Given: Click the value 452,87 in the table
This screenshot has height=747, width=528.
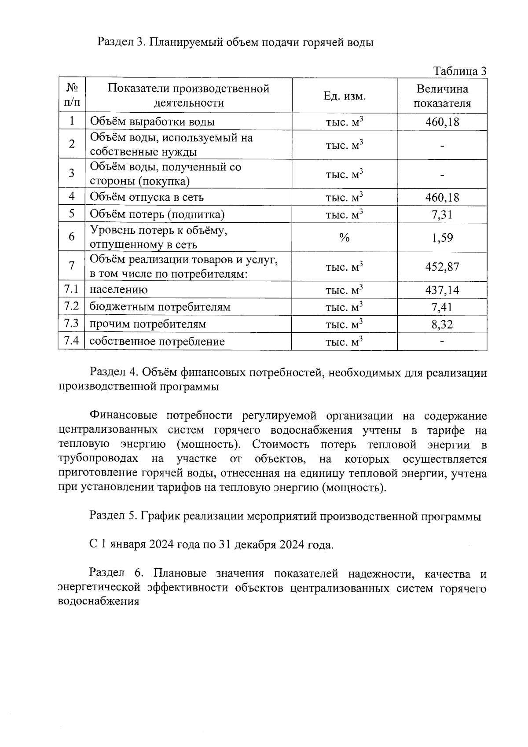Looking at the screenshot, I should (442, 267).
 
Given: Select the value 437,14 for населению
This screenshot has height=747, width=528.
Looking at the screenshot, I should (442, 290).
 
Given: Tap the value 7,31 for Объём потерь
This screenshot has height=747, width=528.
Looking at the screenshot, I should (442, 214).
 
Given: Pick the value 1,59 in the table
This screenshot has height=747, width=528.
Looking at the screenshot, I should (442, 238).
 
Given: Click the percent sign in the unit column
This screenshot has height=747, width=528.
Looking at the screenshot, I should (344, 238).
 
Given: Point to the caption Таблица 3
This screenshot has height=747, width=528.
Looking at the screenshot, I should (460, 71).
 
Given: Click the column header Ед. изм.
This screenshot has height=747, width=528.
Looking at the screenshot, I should (344, 96).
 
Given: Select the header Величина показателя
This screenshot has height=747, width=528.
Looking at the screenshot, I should (442, 96).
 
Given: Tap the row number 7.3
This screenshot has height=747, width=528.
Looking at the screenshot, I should (71, 324).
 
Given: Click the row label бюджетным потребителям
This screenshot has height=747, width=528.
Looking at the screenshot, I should (160, 307).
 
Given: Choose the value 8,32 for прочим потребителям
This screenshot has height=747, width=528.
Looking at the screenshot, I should (442, 324).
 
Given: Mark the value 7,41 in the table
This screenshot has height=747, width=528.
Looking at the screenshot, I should (442, 307).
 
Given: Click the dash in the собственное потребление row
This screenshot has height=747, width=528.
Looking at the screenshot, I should (442, 341).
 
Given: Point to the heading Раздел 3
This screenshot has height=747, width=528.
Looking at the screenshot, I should (121, 43).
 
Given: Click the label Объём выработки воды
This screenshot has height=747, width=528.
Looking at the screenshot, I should (152, 121).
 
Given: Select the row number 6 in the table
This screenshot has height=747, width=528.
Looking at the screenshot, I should (71, 237).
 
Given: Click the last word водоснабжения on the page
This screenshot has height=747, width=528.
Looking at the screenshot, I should (99, 602).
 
